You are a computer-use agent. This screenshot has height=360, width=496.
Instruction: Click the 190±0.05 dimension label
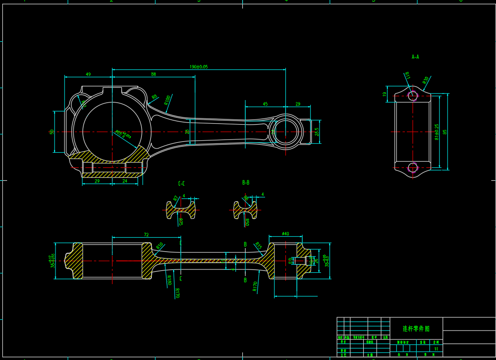(199, 67)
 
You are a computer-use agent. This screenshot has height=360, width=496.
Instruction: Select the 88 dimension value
(153, 74)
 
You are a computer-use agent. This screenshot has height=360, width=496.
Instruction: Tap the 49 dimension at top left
(88, 74)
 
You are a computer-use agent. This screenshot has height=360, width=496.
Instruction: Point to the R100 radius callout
(167, 100)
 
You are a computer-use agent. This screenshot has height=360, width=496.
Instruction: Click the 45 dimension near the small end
(265, 104)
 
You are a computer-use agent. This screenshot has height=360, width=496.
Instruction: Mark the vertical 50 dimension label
(52, 131)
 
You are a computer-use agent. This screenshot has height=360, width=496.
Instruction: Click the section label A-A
(415, 57)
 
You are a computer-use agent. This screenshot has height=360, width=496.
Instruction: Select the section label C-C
(182, 184)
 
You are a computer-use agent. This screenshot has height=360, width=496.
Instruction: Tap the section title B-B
(246, 183)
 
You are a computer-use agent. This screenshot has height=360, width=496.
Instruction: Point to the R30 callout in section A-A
(425, 80)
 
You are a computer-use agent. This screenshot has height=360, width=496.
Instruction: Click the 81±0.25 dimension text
(437, 132)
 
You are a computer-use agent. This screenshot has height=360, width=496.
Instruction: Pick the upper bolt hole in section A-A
(413, 96)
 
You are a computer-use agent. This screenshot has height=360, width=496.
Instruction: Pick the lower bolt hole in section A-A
(413, 167)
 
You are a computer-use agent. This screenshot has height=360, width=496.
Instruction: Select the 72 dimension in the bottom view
(146, 235)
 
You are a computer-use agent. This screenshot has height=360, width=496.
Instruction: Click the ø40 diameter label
(285, 234)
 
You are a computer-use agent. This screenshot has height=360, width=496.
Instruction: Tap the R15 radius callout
(258, 246)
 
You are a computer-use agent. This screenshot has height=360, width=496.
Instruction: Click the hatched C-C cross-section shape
(181, 211)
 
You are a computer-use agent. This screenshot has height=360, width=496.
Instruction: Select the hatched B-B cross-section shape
(245, 211)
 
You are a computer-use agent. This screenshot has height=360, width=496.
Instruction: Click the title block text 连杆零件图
(416, 328)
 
